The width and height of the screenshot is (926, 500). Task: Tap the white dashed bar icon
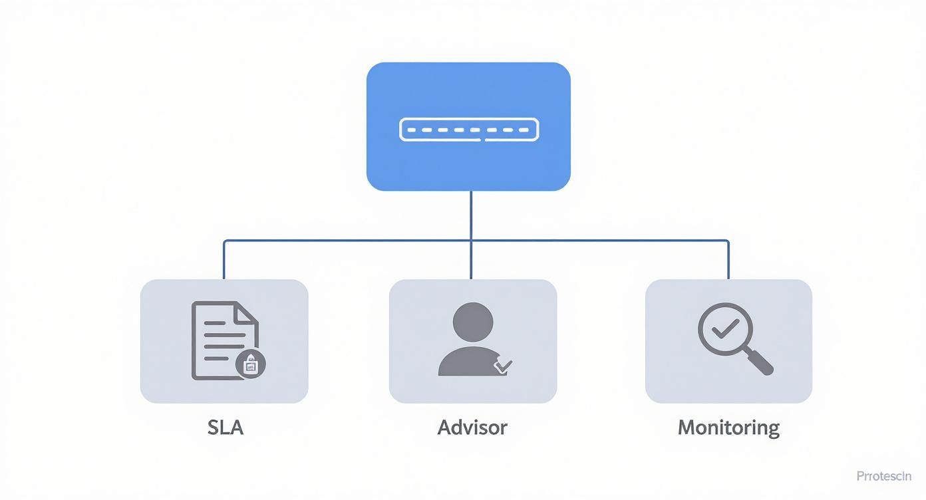click(468, 130)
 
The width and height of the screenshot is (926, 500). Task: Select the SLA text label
click(225, 427)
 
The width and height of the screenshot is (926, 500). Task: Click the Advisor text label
click(472, 427)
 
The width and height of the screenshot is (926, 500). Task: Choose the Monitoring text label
click(728, 427)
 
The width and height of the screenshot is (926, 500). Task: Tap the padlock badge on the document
click(251, 364)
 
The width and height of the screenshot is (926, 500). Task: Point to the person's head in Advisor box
click(472, 322)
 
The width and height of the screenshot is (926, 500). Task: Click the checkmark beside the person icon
click(503, 365)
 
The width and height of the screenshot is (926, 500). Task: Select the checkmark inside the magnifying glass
click(724, 326)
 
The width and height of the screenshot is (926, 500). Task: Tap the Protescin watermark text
click(883, 476)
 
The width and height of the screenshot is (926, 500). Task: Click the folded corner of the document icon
click(248, 312)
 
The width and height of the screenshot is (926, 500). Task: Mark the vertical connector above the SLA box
click(224, 261)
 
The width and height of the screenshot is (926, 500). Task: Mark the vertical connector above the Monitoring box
click(728, 261)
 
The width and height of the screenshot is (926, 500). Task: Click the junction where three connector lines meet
click(471, 240)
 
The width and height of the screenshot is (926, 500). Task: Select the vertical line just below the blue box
click(471, 214)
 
